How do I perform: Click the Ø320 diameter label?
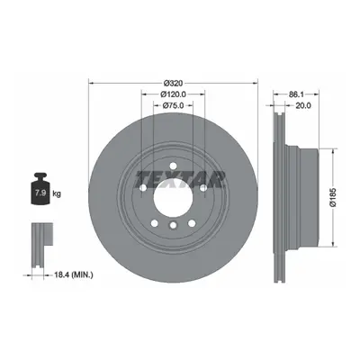click(x=174, y=83)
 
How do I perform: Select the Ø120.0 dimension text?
click(x=174, y=94)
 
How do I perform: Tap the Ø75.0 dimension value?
click(x=173, y=105)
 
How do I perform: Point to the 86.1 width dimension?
click(x=296, y=94)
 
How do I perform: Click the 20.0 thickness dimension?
click(x=303, y=105)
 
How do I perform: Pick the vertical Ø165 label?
click(x=332, y=198)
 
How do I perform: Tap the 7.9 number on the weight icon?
click(x=40, y=193)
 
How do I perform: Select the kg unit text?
click(x=57, y=193)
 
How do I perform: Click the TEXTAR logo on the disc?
click(x=180, y=179)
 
